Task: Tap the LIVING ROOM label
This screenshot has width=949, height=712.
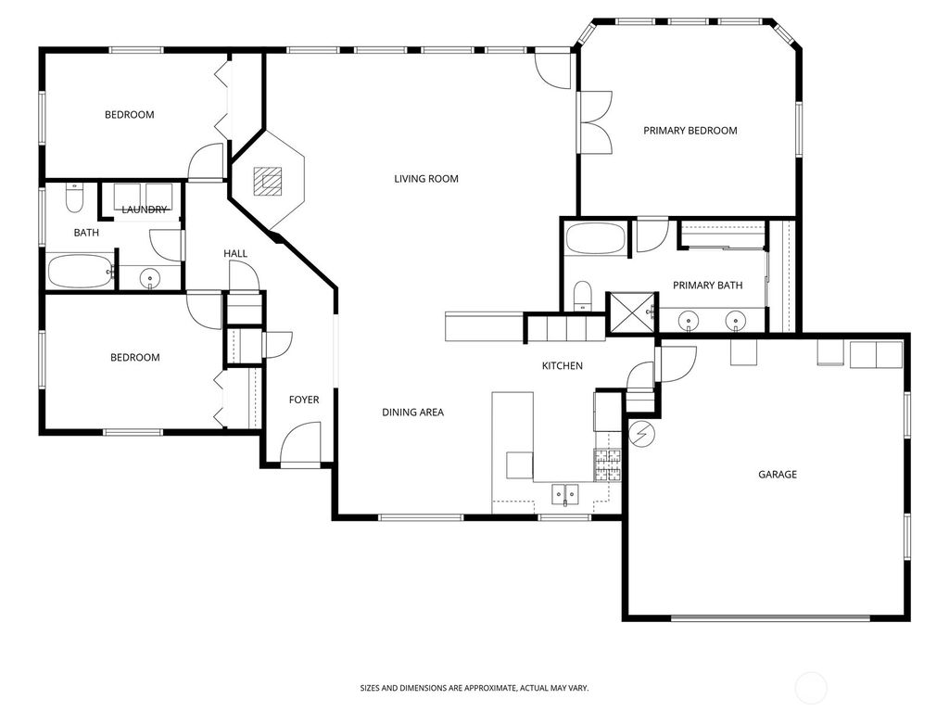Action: point(426,179)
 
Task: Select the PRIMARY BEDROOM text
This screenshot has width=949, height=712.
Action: point(690,131)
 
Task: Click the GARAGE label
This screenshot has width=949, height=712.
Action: point(778,475)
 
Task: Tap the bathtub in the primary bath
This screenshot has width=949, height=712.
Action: point(596,238)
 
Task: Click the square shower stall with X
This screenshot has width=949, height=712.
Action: point(630,312)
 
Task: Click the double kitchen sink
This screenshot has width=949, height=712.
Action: point(564,493)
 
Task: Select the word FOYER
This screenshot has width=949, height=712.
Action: point(304,400)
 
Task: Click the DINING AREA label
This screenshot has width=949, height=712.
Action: point(413,413)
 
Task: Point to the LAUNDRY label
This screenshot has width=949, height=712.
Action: point(145,210)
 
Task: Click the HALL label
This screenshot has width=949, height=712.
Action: point(235,254)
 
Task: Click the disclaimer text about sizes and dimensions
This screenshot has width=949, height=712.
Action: point(474,688)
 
